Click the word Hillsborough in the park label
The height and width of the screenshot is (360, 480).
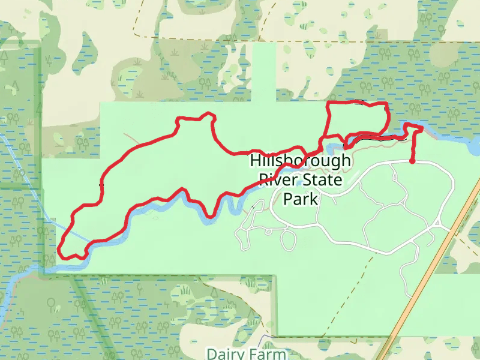(x=300, y=161)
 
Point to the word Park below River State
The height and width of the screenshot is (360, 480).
(x=301, y=199)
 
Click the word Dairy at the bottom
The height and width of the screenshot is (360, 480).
(x=227, y=353)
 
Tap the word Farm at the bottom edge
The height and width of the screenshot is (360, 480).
(x=267, y=353)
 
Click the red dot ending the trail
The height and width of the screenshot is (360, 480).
(x=412, y=161)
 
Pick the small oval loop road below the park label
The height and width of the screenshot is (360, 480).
(x=288, y=240)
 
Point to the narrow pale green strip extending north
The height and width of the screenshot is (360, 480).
(x=264, y=72)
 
